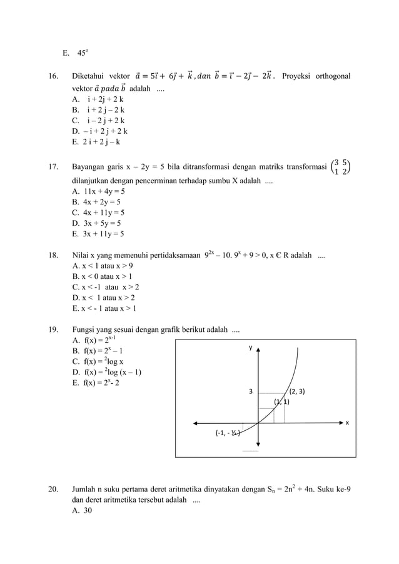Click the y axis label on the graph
(251, 348)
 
